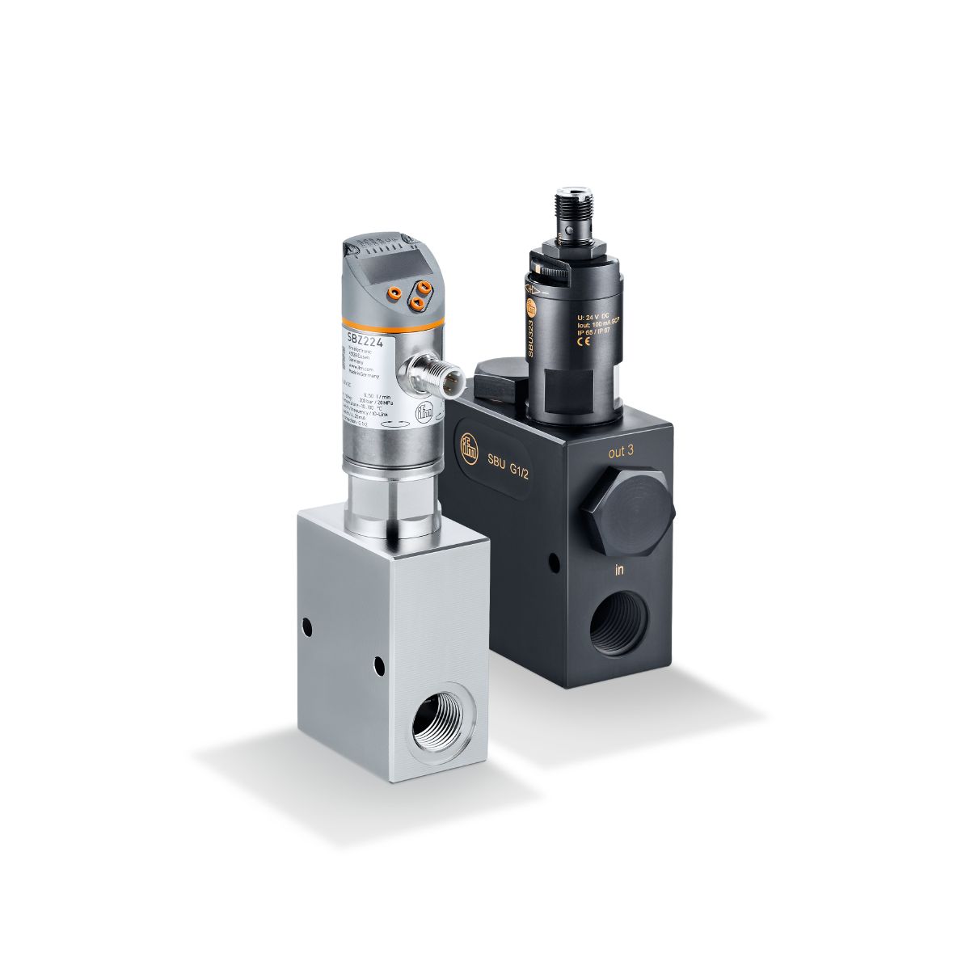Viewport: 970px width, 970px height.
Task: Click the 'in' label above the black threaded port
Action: click(619, 571)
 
